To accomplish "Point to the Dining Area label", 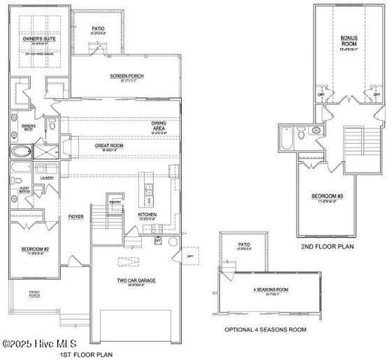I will pos(160,125).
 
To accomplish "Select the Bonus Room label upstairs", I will pos(348,40).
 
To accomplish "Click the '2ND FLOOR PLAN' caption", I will pos(327,246).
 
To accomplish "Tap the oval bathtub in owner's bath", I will pos(20,151).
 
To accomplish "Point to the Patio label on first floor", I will pos(98,31).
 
